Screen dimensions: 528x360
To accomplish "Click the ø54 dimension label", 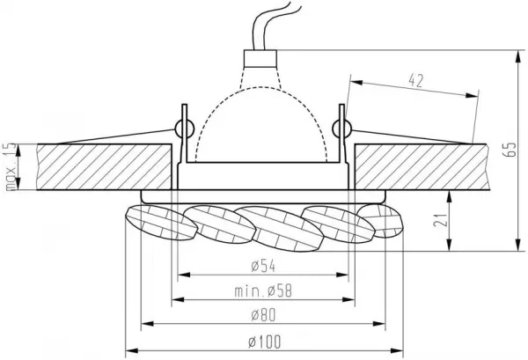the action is (263, 266).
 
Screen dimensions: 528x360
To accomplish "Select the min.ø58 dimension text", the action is (263, 291).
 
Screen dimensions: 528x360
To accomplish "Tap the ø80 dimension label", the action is (263, 315).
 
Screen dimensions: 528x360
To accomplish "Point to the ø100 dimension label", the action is (264, 342).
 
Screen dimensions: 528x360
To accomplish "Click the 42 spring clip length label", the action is (416, 81).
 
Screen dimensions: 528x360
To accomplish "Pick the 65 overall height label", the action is (510, 150).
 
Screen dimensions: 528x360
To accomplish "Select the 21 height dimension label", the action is (441, 219).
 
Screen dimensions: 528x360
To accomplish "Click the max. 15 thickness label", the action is (11, 166).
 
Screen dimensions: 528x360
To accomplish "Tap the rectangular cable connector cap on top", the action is (260, 58).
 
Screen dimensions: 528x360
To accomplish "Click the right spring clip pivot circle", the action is (341, 129).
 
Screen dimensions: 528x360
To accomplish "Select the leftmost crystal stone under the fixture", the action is (161, 223).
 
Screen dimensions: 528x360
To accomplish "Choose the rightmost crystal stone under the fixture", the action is (380, 221).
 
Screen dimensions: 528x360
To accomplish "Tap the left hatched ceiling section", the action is (104, 167).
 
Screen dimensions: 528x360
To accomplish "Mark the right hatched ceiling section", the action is (422, 167).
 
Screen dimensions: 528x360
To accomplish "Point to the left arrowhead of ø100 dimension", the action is (131, 351).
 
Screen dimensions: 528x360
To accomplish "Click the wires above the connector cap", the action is (271, 26).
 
